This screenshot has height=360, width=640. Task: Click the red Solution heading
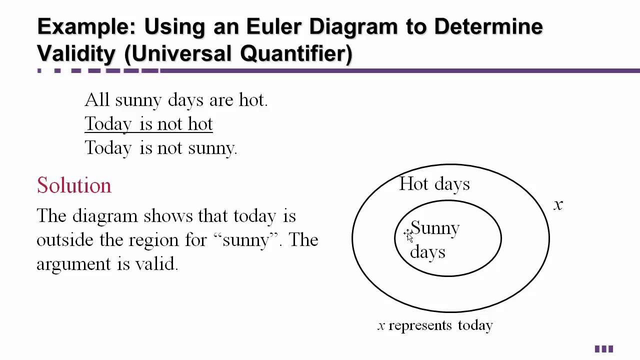(74, 185)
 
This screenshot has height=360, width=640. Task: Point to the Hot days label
(434, 184)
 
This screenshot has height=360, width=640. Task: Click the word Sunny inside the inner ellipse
(435, 228)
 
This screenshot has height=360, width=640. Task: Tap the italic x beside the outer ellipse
(558, 204)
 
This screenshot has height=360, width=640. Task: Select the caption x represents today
(435, 325)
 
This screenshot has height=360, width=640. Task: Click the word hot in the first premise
(252, 100)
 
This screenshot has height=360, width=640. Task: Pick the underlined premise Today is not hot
(148, 124)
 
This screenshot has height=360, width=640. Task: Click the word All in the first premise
(97, 100)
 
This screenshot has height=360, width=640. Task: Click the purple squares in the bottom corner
(603, 349)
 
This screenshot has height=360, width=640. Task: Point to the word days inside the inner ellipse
(427, 251)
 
